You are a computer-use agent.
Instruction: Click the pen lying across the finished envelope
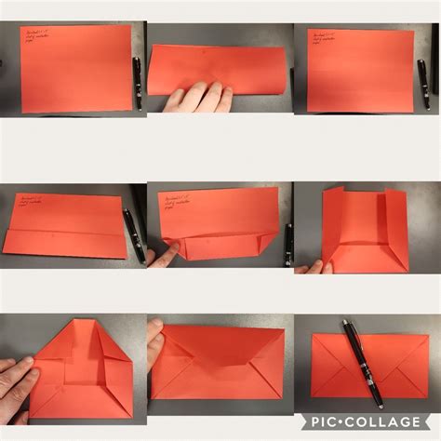point(362,363)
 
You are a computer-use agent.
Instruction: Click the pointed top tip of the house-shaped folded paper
point(81,322)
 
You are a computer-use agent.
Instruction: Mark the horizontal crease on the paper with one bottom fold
point(65,231)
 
